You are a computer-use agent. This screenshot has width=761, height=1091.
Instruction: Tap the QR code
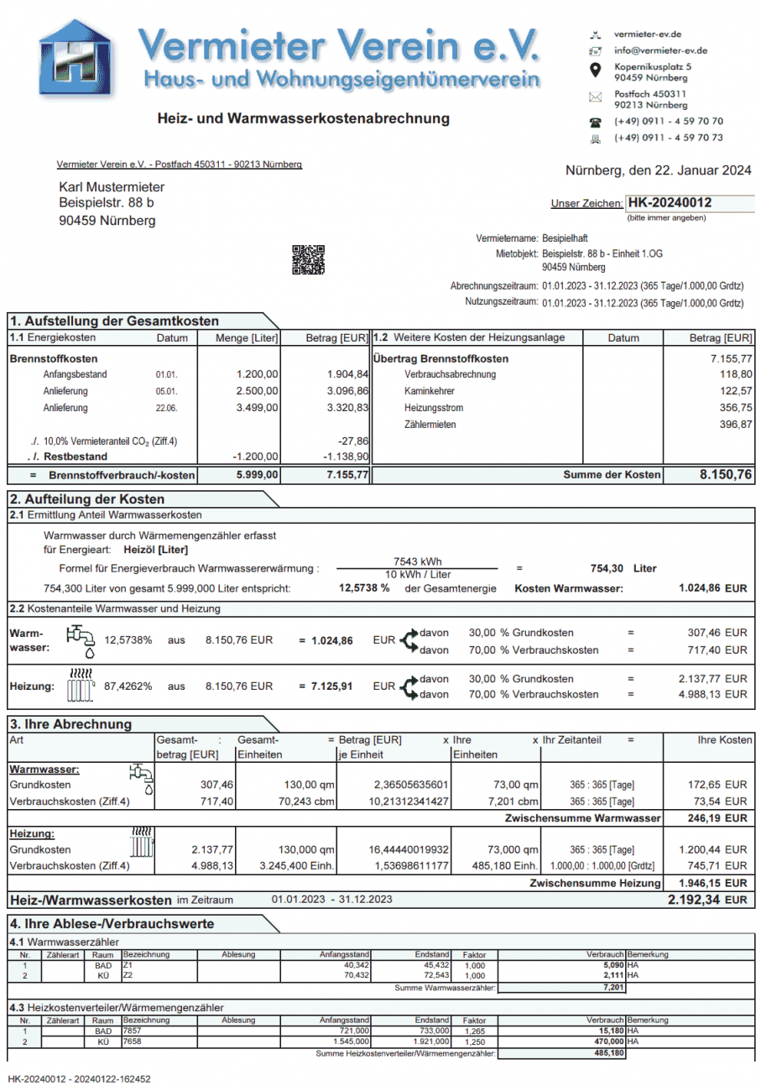308,259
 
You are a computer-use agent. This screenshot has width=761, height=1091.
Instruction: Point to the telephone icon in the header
596,122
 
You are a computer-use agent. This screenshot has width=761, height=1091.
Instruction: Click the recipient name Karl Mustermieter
112,187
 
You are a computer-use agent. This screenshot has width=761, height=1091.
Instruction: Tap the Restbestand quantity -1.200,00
255,457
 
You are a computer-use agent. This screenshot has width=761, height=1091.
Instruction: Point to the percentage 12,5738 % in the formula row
364,588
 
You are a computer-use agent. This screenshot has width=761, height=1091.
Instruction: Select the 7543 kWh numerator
417,561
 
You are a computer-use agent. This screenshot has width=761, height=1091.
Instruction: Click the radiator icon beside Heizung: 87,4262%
78,686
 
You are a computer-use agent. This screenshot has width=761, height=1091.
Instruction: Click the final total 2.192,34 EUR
706,900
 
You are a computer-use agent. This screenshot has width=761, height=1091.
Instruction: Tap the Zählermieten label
430,425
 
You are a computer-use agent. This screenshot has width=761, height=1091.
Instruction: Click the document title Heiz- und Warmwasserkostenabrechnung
303,119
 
